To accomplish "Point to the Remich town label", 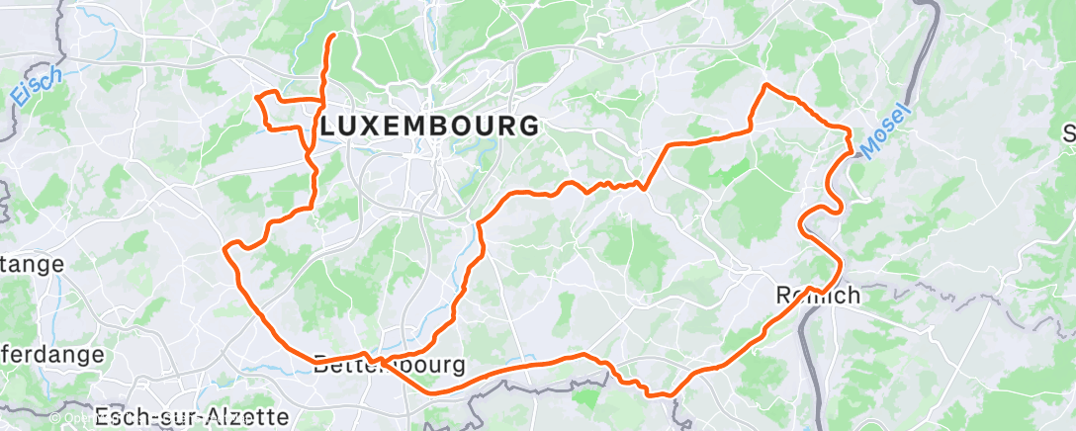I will (x=817, y=296).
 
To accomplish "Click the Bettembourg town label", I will (x=389, y=365).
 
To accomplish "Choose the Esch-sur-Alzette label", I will (x=193, y=416).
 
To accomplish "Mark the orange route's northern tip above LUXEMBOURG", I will (x=332, y=36).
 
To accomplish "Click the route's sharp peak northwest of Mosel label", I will (x=764, y=85).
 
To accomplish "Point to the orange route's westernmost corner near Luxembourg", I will (x=258, y=97).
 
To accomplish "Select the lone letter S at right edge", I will (x=1069, y=133).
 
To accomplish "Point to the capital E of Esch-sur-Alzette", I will (x=103, y=416).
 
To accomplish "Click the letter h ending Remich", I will (x=852, y=296).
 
